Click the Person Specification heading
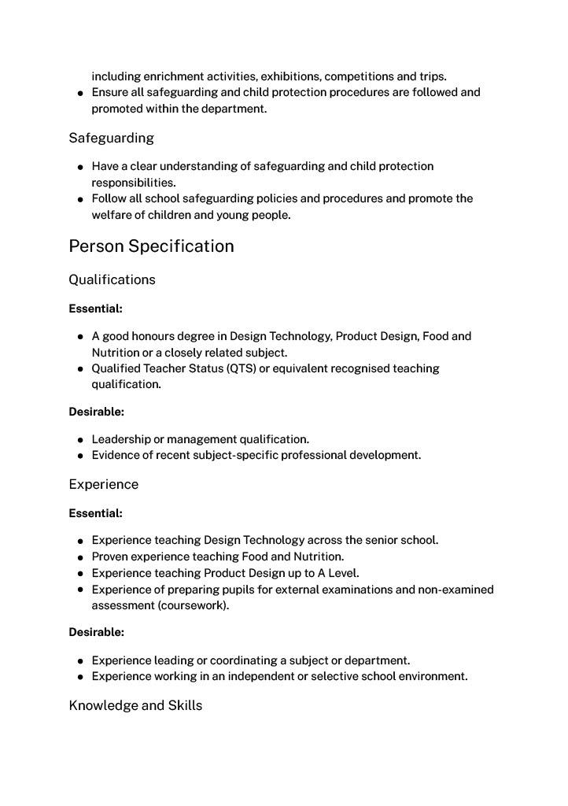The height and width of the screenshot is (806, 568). point(151,246)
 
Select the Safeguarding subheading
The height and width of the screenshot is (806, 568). point(111,139)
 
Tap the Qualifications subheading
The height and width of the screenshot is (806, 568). point(112,279)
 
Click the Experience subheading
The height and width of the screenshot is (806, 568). point(103,484)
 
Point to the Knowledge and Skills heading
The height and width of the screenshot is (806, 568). point(135,705)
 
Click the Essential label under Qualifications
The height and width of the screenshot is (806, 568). point(95,309)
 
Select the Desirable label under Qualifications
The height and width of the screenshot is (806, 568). point(96,411)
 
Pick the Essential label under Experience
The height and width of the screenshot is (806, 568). point(95,513)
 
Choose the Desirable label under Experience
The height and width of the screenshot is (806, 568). point(96,632)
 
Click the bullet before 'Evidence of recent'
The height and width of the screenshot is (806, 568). point(81,456)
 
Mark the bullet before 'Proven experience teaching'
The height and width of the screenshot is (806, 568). point(81,557)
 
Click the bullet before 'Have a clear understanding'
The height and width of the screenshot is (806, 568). point(81,167)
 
